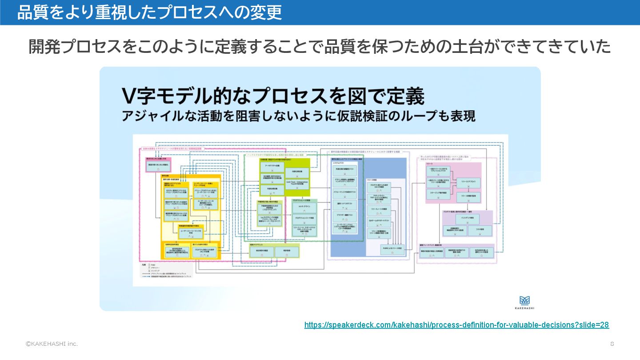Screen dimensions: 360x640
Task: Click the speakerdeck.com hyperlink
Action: click(x=456, y=325)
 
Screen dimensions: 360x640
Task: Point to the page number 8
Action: click(x=612, y=344)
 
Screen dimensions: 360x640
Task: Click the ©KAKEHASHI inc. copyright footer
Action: click(x=52, y=344)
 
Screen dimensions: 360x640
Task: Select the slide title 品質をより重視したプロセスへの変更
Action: click(x=150, y=12)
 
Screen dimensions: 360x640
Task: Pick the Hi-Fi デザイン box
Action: click(x=304, y=207)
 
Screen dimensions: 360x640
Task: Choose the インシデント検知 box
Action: click(x=468, y=219)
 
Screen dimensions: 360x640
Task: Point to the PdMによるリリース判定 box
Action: click(x=393, y=250)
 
